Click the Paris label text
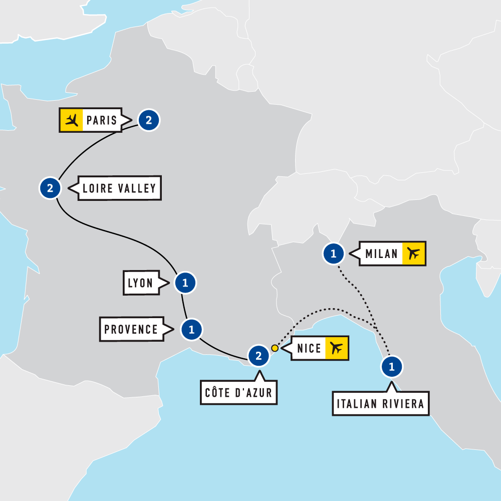pyautogui.click(x=102, y=120)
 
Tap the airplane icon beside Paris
pyautogui.click(x=72, y=120)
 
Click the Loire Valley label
pyautogui.click(x=119, y=188)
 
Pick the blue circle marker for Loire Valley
pyautogui.click(x=50, y=188)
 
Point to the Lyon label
pyautogui.click(x=140, y=283)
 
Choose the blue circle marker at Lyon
pyautogui.click(x=185, y=283)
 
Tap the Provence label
pyautogui.click(x=131, y=329)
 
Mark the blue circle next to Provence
pyautogui.click(x=191, y=329)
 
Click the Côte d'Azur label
pyautogui.click(x=238, y=392)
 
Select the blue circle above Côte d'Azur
pyautogui.click(x=259, y=356)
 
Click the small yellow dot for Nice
pyautogui.click(x=275, y=348)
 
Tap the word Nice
pyautogui.click(x=309, y=348)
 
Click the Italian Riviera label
pyautogui.click(x=381, y=404)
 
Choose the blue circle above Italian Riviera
pyautogui.click(x=392, y=367)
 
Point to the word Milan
pyautogui.click(x=382, y=254)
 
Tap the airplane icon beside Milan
pyautogui.click(x=413, y=254)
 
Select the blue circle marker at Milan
pyautogui.click(x=334, y=254)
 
